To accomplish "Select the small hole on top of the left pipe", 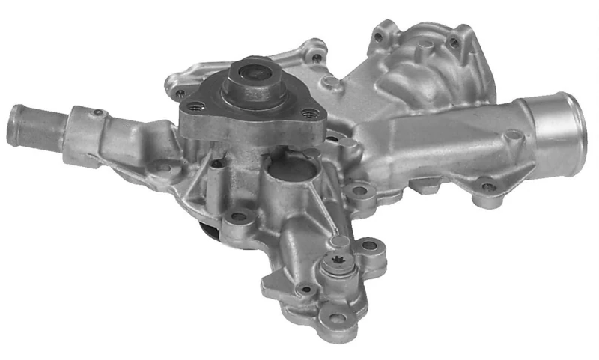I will (96, 112).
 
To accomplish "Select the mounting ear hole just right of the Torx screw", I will (368, 246).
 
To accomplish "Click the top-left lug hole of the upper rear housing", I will (316, 56).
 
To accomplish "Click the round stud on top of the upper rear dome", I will (425, 46).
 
